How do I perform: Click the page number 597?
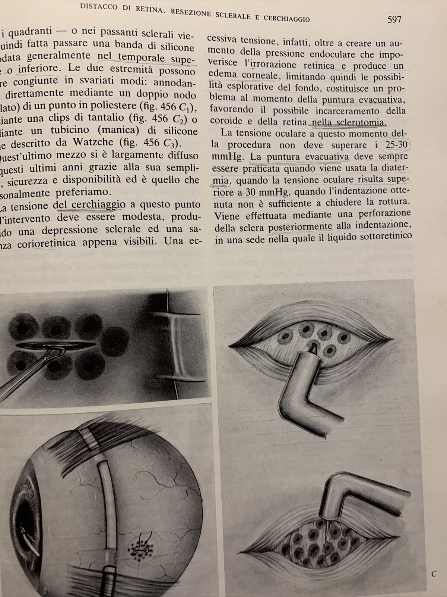coord(394,19)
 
